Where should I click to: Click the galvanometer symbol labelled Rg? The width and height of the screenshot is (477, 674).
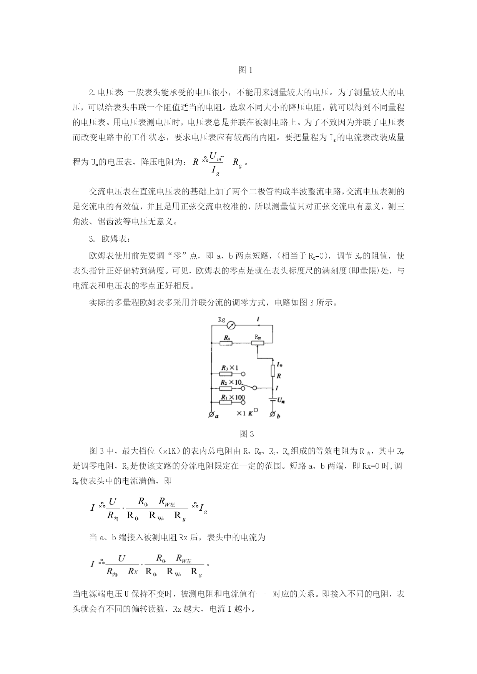pos(231,325)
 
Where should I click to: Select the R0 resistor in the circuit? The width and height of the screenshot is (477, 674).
pos(226,343)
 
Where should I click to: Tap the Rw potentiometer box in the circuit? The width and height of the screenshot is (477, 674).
pos(258,343)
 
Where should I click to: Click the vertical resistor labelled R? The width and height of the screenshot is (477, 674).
pos(273,371)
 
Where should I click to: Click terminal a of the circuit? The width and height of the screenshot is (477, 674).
pos(211,415)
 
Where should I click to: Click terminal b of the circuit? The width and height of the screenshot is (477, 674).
pos(273,415)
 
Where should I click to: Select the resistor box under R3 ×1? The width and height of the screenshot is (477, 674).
pos(226,374)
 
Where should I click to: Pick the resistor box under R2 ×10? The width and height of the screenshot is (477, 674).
pos(226,388)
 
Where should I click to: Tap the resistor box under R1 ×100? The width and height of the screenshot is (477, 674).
pos(226,402)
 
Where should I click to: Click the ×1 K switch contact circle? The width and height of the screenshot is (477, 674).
pos(256,410)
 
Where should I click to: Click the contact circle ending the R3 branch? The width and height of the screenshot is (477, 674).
pos(243,374)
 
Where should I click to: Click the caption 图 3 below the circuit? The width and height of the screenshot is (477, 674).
pos(247,434)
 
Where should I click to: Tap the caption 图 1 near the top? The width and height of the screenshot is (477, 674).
pos(245,70)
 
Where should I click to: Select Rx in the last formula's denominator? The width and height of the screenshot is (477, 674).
pos(133,571)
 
